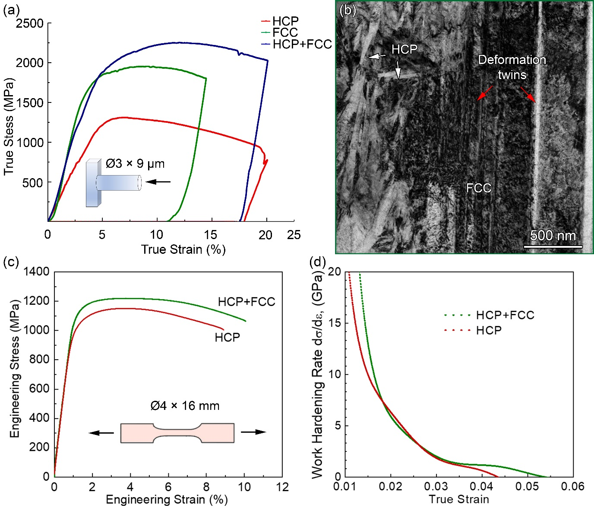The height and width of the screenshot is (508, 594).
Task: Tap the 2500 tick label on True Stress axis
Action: tap(30, 23)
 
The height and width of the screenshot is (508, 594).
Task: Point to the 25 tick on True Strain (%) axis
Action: tap(294, 235)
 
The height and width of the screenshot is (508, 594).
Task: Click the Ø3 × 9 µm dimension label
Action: tap(135, 164)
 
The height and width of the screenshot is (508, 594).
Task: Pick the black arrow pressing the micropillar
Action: tap(158, 182)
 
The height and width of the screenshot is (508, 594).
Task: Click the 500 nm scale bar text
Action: tap(553, 236)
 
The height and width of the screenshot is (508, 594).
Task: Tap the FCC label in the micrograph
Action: tap(479, 188)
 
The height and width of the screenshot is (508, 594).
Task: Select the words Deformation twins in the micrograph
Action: tap(512, 67)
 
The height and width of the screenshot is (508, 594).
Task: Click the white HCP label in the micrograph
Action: tap(404, 50)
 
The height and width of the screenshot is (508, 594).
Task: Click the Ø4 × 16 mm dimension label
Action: tap(185, 406)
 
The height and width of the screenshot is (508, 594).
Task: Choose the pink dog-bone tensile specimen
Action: tap(177, 433)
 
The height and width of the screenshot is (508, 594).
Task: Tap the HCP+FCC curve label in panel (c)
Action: tap(246, 302)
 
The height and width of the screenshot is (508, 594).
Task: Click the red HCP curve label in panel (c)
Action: tap(227, 337)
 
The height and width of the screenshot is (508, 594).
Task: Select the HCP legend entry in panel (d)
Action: tap(489, 331)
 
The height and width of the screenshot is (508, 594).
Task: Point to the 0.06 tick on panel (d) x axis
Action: tap(572, 486)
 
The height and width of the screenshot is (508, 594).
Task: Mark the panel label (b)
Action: tap(348, 10)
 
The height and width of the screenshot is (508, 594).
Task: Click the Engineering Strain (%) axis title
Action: tap(167, 500)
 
